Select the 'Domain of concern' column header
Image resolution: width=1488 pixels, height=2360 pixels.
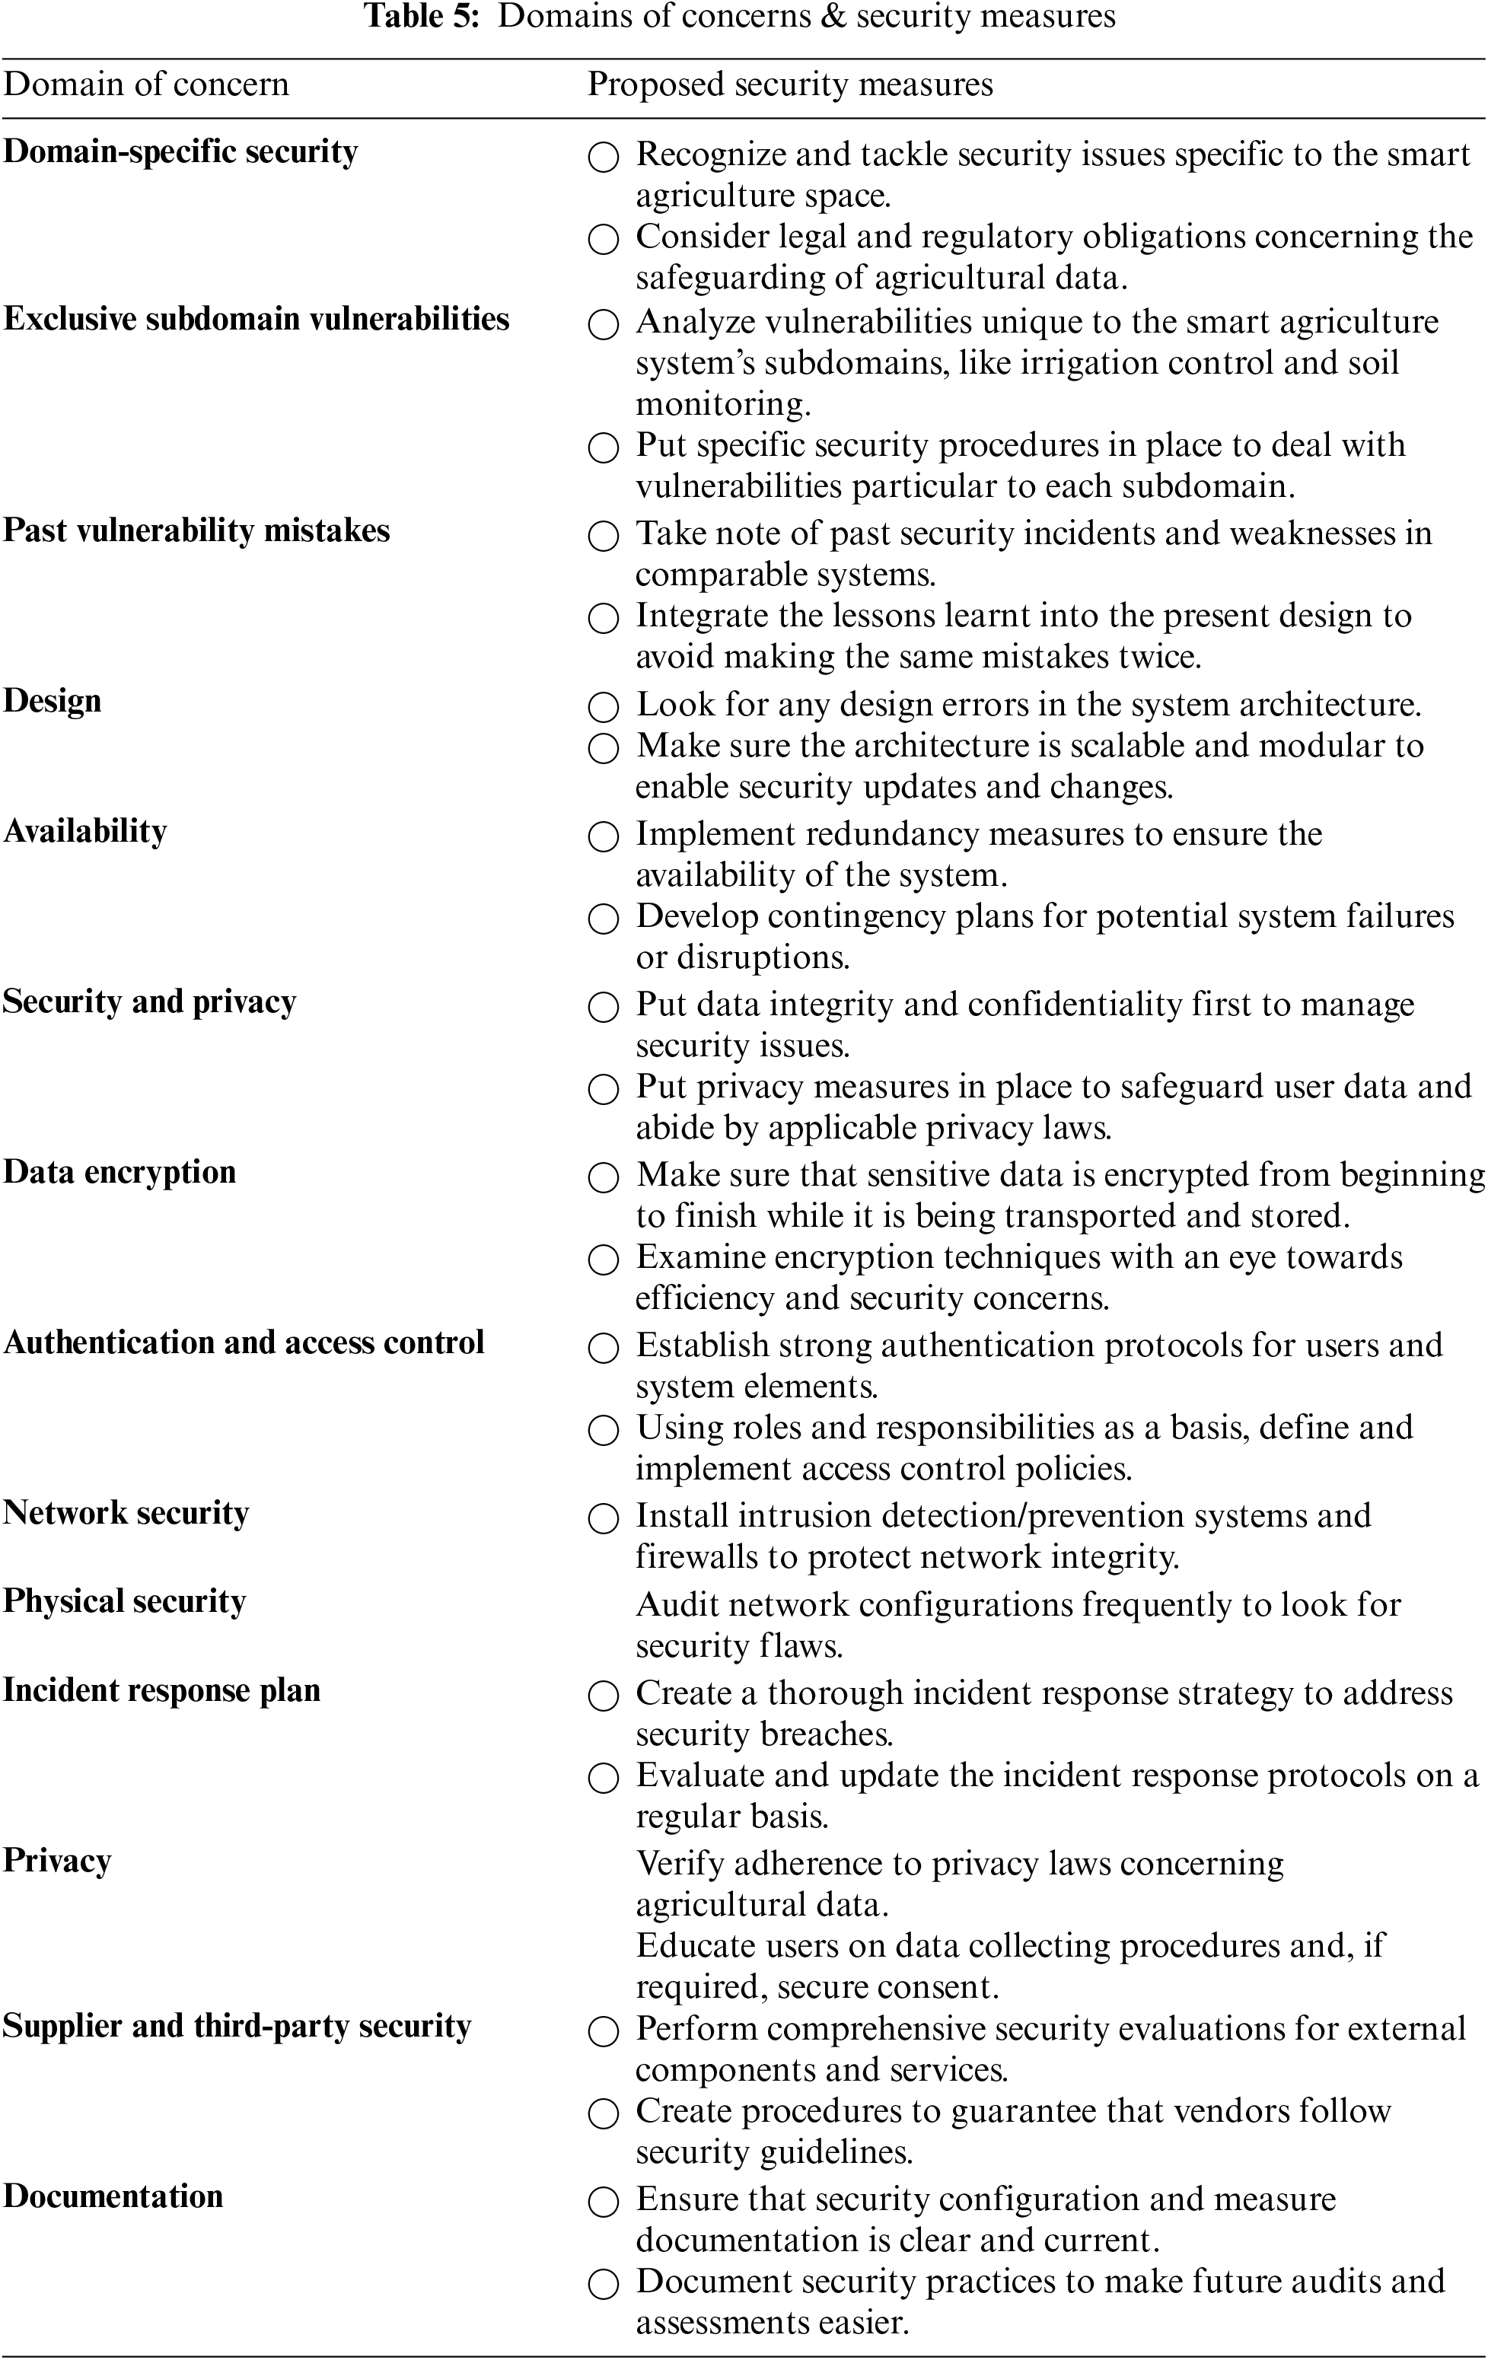pos(147,84)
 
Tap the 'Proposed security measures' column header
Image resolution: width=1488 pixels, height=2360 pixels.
pos(790,84)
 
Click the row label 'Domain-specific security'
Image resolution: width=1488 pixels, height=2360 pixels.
pos(180,152)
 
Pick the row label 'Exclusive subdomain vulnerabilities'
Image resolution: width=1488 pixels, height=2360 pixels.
pos(256,320)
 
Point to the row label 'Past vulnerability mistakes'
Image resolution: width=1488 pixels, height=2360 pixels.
pos(196,530)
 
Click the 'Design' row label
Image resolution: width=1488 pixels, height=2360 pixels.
pos(52,702)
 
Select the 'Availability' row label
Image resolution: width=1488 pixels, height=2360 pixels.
pos(85,831)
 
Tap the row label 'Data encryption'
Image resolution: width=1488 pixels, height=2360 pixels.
pos(119,1172)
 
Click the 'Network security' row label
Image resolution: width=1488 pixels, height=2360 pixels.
pos(126,1513)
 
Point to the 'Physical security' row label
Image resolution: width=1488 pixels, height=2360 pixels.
pos(125,1601)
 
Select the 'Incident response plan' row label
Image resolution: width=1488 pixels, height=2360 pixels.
pos(161,1690)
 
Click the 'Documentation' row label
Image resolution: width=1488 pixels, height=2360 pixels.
pos(113,2196)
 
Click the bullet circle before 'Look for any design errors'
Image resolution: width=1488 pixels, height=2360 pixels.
pos(604,706)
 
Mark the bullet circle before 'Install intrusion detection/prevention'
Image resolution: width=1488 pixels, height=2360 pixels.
pos(604,1518)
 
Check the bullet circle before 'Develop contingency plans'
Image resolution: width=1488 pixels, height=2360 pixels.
pos(604,919)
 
